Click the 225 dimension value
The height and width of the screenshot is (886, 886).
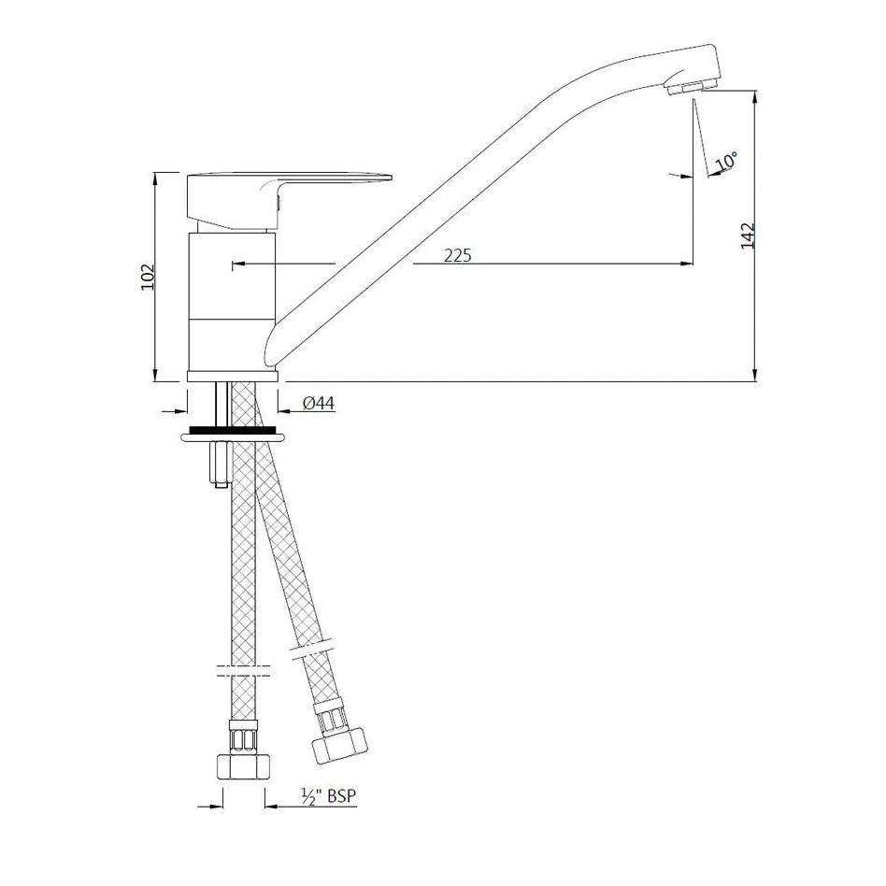[457, 255]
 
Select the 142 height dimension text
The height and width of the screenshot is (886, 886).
[748, 236]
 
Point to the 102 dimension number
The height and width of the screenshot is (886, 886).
[147, 277]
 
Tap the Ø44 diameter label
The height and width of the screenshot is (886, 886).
[319, 403]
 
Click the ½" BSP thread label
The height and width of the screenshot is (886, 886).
[329, 796]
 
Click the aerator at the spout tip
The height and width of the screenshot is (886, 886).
[691, 88]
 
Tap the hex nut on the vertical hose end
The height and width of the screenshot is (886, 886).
[243, 766]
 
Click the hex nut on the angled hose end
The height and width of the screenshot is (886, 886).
[339, 746]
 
